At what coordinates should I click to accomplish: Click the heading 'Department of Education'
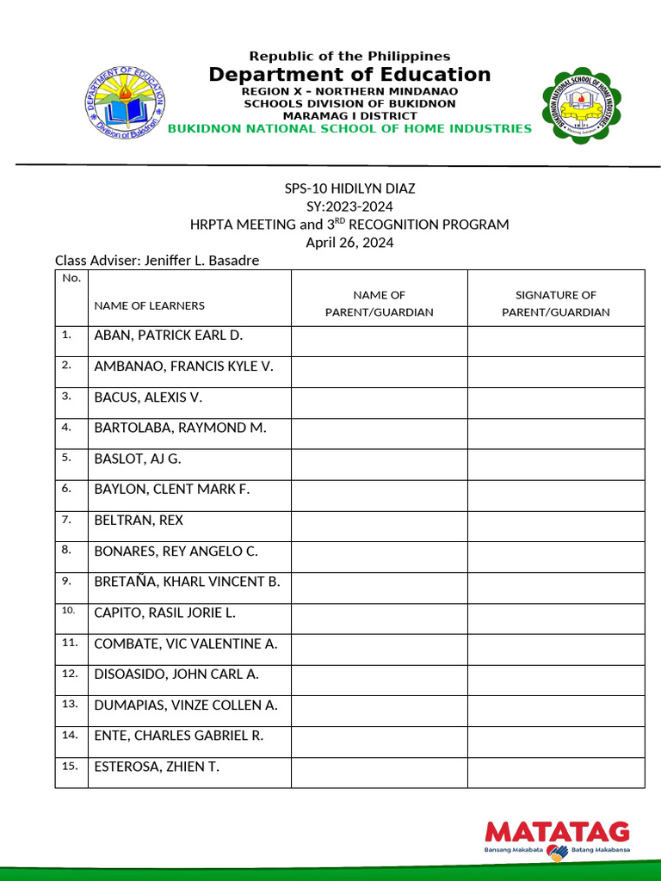pyautogui.click(x=349, y=74)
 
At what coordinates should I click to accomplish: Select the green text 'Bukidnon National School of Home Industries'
pyautogui.click(x=349, y=128)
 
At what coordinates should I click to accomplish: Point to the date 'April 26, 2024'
pyautogui.click(x=349, y=243)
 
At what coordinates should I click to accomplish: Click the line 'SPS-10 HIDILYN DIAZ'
pyautogui.click(x=349, y=188)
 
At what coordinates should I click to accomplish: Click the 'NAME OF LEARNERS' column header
pyautogui.click(x=150, y=305)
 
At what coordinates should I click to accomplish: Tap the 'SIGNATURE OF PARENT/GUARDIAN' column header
pyautogui.click(x=556, y=304)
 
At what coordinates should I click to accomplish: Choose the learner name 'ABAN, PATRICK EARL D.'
pyautogui.click(x=169, y=336)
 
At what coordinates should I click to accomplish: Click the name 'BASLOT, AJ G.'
pyautogui.click(x=138, y=459)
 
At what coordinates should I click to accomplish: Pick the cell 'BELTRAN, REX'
pyautogui.click(x=139, y=521)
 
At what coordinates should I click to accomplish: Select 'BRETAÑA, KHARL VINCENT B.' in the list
pyautogui.click(x=187, y=582)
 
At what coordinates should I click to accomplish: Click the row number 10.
pyautogui.click(x=69, y=612)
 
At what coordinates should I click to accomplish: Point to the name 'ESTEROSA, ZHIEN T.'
pyautogui.click(x=157, y=767)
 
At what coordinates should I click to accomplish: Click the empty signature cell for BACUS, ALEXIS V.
pyautogui.click(x=556, y=403)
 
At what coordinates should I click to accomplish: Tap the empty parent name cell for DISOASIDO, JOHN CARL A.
pyautogui.click(x=379, y=680)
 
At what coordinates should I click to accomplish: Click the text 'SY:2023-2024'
pyautogui.click(x=349, y=206)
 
